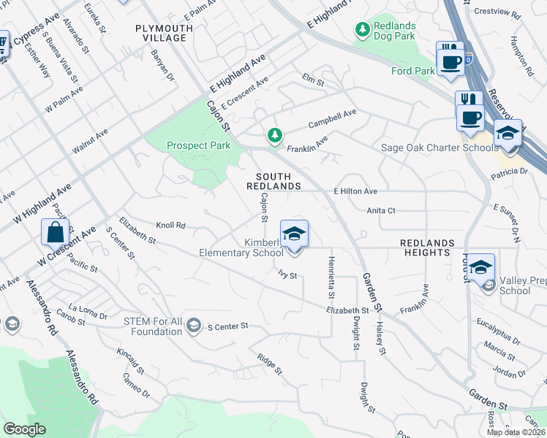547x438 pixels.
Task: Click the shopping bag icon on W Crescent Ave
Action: point(56,234)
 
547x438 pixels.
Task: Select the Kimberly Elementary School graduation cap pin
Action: point(294,235)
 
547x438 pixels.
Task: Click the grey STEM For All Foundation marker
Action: point(193,325)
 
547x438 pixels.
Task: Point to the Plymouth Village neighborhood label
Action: point(165,33)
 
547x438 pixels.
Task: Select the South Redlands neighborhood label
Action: point(278,182)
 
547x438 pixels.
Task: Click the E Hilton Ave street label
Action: point(355,191)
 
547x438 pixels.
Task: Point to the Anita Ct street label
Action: point(381,210)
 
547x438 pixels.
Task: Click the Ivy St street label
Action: point(287,275)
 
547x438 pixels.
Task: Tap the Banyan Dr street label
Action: point(163,65)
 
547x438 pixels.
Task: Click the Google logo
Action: point(24,429)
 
